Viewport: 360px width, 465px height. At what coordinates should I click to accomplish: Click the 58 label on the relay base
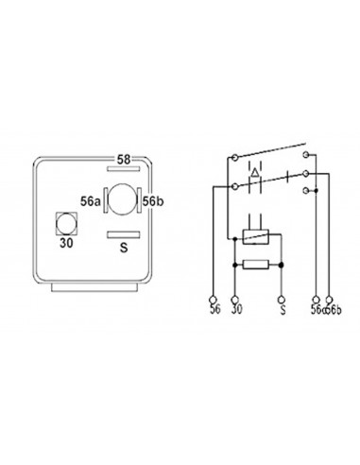click(125, 159)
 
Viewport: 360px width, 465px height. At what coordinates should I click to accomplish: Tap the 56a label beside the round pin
click(89, 200)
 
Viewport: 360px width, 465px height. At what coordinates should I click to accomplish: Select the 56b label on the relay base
click(154, 200)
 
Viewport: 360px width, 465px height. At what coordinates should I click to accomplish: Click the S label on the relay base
click(123, 248)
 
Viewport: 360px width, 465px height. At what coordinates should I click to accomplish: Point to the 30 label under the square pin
click(66, 243)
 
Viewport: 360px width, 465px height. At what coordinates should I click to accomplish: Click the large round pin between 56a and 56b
click(122, 199)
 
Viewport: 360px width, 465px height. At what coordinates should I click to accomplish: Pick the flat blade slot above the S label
click(123, 233)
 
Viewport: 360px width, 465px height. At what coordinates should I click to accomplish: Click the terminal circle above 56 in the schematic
click(214, 297)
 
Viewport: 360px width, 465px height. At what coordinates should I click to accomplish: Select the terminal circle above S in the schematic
click(282, 297)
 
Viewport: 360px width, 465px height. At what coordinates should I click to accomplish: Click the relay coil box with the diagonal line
click(256, 237)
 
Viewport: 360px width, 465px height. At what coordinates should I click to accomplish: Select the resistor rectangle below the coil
click(256, 266)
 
